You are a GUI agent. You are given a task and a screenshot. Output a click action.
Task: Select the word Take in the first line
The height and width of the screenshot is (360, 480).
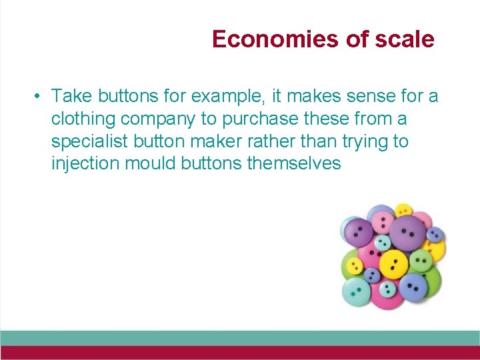tap(70, 97)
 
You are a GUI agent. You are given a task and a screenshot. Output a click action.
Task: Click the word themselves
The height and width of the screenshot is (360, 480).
tap(293, 163)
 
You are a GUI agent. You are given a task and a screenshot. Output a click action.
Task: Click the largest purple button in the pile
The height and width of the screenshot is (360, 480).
tap(407, 230)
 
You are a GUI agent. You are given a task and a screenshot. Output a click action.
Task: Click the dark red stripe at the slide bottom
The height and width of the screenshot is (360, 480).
tap(240, 353)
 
